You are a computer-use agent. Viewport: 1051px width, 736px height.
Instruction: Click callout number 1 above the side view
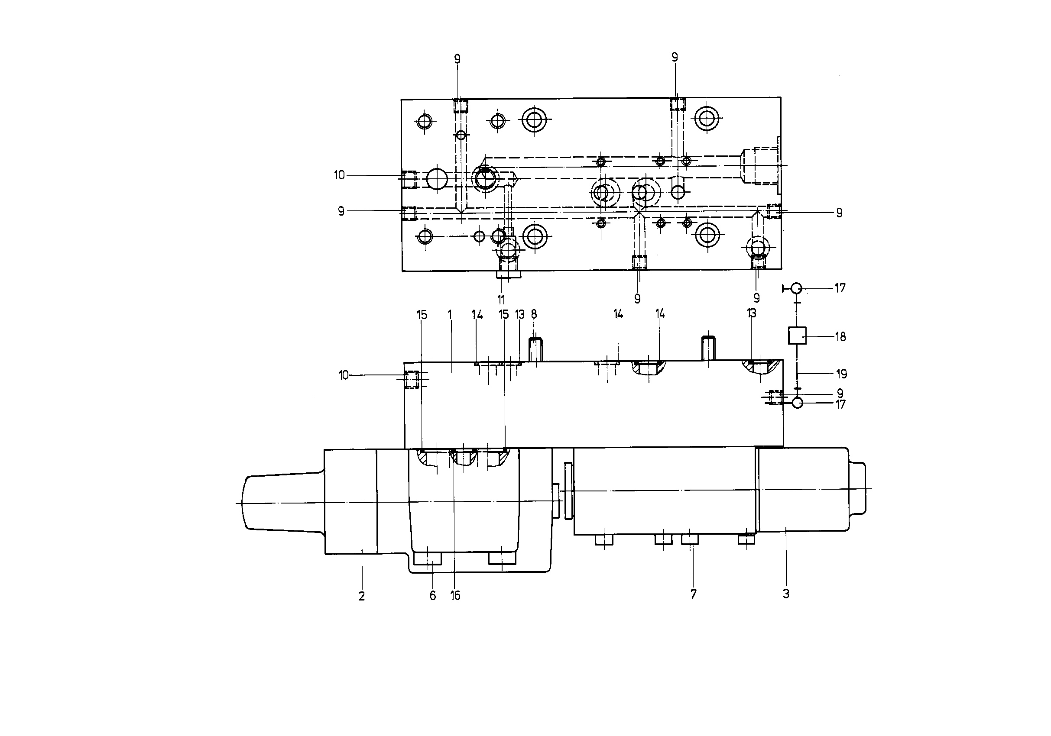click(450, 315)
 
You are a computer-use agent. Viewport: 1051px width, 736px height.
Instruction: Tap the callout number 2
click(362, 596)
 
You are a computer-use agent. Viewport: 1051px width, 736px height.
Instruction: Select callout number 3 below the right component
click(786, 594)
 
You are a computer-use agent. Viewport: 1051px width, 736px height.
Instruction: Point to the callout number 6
click(433, 595)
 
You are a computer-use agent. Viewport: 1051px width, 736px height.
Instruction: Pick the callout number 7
click(694, 594)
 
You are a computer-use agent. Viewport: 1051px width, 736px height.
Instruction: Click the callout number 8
click(534, 314)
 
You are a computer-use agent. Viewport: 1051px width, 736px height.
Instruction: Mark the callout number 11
click(501, 300)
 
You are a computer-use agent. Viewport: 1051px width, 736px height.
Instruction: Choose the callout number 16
click(455, 595)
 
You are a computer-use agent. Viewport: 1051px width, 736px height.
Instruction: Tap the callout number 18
click(840, 337)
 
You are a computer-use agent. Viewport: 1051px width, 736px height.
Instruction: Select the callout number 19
click(841, 374)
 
